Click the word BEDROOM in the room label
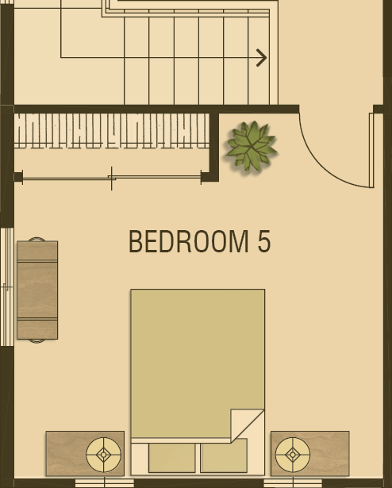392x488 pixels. point(189,241)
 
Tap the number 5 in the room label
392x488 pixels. point(264,241)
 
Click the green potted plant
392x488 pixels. point(252,146)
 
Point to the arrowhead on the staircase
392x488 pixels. point(262,58)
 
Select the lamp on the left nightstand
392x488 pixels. point(104,455)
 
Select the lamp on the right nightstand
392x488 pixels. point(293,455)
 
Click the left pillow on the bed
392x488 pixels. point(172,458)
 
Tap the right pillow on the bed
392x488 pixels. point(224,456)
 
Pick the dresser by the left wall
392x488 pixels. point(37,290)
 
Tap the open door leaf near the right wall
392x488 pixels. point(371,150)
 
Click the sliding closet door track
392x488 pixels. point(112,178)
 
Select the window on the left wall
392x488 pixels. point(7,287)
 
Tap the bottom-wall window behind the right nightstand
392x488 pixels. point(293,483)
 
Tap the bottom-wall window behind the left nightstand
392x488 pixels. point(105,483)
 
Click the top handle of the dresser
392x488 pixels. point(37,239)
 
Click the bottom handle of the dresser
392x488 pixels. point(37,341)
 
